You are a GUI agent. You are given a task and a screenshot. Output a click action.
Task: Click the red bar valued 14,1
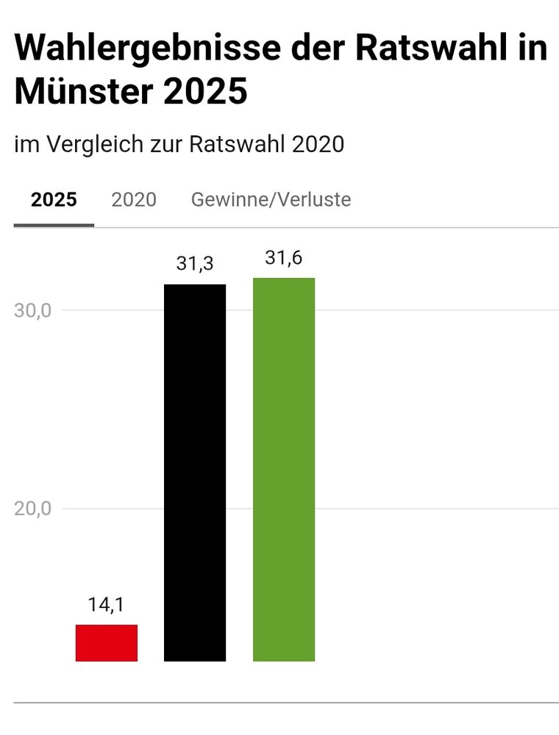point(107,642)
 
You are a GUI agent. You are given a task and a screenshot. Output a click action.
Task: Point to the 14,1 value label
point(106,605)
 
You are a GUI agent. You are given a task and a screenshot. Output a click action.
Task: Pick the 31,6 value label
point(284,258)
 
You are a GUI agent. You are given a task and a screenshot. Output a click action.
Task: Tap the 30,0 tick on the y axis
point(32,310)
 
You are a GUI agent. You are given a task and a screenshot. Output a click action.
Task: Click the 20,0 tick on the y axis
point(32,509)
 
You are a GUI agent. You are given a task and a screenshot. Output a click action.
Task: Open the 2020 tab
point(134,199)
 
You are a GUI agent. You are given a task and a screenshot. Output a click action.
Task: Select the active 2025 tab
point(54,199)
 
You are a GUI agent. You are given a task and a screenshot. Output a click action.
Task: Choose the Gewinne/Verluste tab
point(271,199)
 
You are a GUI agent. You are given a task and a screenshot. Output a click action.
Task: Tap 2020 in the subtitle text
point(318,144)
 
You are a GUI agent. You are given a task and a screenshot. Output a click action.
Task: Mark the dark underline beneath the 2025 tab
point(54,225)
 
